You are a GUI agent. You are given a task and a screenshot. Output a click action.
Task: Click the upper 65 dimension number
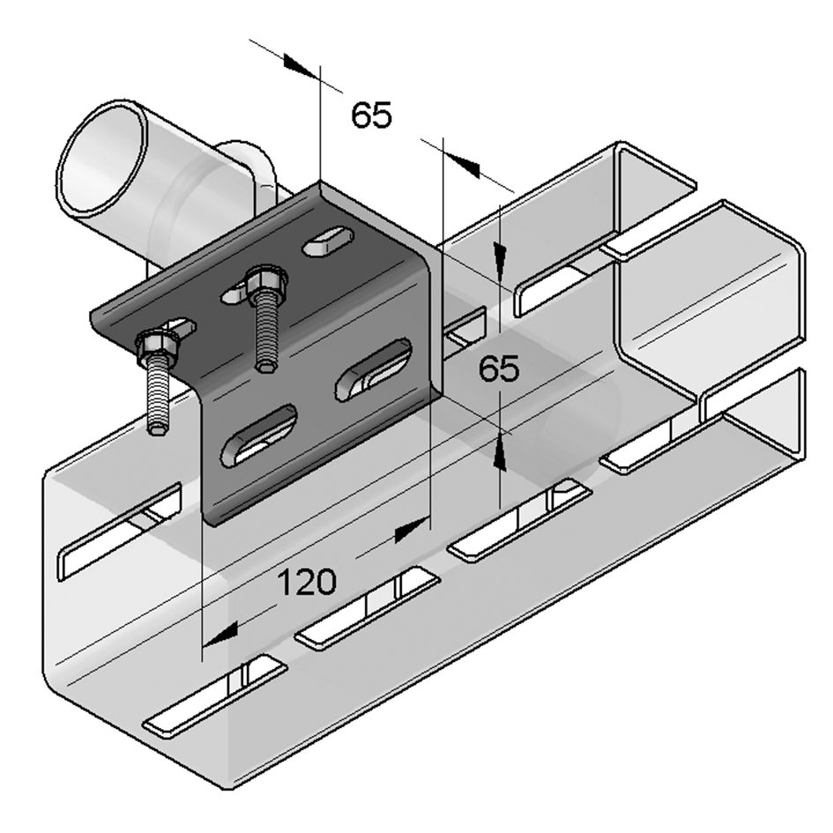[371, 115]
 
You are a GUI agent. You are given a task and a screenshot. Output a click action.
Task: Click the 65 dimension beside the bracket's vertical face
[498, 368]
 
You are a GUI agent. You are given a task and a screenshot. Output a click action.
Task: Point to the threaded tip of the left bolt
[156, 428]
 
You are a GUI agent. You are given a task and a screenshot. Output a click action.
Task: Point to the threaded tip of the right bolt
[265, 366]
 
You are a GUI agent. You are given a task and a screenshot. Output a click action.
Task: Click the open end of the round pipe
[102, 159]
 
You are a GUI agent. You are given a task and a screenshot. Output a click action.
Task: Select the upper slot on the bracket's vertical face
[374, 369]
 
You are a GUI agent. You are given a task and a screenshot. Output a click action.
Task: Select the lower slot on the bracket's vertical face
[259, 435]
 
